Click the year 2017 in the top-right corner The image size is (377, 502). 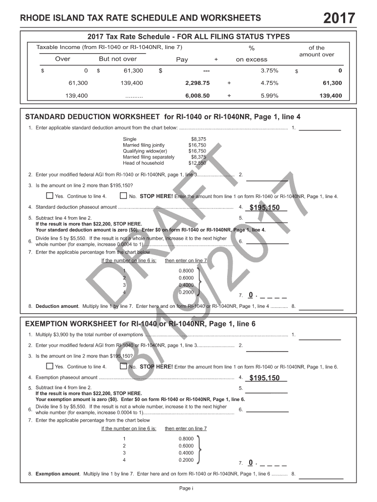point(339,18)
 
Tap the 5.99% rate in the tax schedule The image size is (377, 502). point(269,96)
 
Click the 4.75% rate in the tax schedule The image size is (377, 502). point(269,83)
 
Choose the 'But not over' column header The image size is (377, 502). point(118,59)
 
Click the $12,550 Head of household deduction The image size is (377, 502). point(197,163)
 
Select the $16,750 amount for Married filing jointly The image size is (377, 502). point(197,145)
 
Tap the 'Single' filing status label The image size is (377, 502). point(130,139)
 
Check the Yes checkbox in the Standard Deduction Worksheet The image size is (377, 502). point(49,196)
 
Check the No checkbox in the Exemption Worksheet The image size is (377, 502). point(123,366)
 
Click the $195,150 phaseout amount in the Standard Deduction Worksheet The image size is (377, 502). point(264,208)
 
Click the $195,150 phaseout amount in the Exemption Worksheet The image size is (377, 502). point(264,378)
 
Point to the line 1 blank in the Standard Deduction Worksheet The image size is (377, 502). point(320,129)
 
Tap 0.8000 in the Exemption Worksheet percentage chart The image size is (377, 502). point(186,438)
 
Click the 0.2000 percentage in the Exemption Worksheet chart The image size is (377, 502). point(186,460)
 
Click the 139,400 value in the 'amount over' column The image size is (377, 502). point(330,96)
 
